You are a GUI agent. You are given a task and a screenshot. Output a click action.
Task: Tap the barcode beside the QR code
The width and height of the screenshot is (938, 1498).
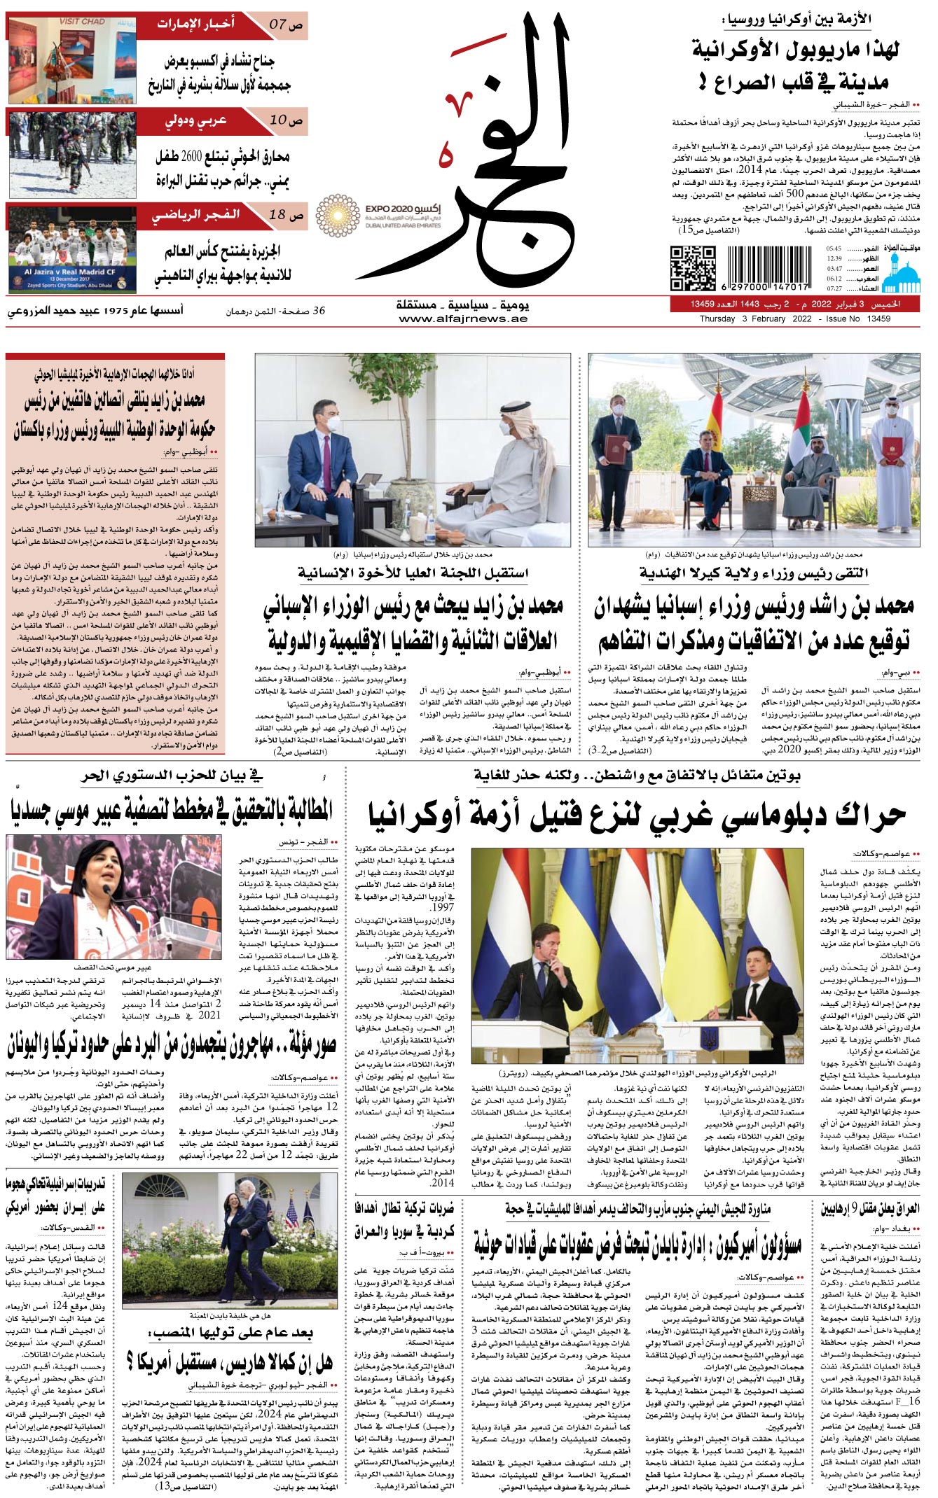pos(768,268)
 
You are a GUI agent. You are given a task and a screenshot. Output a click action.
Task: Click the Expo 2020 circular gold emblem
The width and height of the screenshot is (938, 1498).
pos(337,216)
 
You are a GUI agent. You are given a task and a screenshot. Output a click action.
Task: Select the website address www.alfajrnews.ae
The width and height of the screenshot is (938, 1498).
pos(462,319)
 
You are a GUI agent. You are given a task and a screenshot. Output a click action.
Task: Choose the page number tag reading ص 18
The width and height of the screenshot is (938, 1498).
pos(287,216)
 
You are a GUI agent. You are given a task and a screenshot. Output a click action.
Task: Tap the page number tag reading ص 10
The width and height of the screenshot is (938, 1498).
pos(287,120)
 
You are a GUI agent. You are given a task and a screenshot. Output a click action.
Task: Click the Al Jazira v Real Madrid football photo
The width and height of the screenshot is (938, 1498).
pos(72,249)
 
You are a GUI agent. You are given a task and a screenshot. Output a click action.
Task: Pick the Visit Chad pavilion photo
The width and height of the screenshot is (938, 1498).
pos(72,60)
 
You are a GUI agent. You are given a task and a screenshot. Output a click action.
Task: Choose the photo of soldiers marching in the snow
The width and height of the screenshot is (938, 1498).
pos(72,155)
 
